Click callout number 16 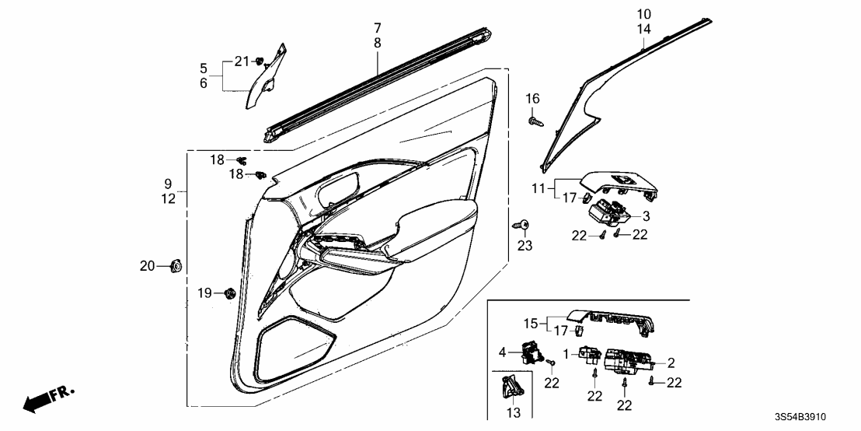pyautogui.click(x=532, y=98)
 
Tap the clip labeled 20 pyautogui.click(x=175, y=266)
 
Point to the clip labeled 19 pyautogui.click(x=229, y=293)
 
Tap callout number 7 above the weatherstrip pyautogui.click(x=378, y=28)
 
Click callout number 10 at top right pyautogui.click(x=644, y=14)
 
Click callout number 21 pyautogui.click(x=242, y=61)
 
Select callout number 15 pyautogui.click(x=530, y=323)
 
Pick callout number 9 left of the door pyautogui.click(x=168, y=184)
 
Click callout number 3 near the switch pyautogui.click(x=645, y=216)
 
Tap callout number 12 pyautogui.click(x=168, y=198)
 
